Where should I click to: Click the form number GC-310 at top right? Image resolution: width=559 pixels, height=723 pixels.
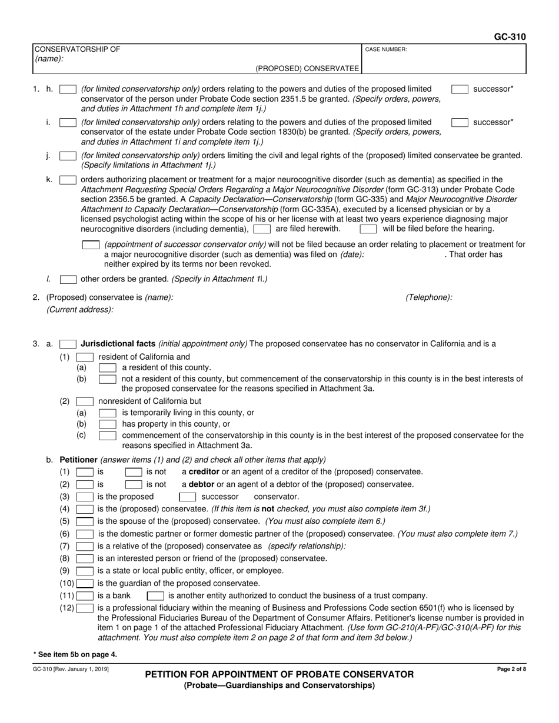510,36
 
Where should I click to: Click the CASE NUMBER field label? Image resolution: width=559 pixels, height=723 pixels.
386,50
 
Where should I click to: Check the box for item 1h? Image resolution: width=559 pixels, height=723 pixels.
68,89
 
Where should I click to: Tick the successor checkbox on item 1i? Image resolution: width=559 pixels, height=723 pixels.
460,122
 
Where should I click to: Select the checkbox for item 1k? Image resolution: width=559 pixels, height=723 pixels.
68,180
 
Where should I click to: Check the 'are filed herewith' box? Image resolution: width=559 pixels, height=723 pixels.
262,229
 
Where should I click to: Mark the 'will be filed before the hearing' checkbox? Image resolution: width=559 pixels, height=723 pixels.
368,229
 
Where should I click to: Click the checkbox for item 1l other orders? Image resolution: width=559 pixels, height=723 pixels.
68,279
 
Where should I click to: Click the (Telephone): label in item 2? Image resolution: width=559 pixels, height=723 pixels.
429,298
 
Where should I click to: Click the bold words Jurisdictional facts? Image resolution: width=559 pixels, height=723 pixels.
118,344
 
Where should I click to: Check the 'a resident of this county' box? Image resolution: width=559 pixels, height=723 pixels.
107,367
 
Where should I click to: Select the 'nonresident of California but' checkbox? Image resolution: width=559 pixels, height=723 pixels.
85,401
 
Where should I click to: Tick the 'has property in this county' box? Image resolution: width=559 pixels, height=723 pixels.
107,424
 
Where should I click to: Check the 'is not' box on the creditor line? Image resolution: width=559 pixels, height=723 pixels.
134,472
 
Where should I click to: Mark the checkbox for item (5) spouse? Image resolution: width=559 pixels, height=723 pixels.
85,521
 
